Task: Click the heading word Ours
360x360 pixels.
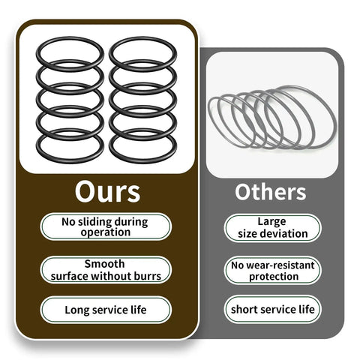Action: pyautogui.click(x=107, y=192)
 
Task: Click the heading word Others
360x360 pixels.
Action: pyautogui.click(x=271, y=192)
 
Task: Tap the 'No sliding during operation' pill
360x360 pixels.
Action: pyautogui.click(x=106, y=226)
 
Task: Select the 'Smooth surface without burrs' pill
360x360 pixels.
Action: pyautogui.click(x=106, y=270)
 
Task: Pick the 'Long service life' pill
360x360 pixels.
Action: pyautogui.click(x=106, y=310)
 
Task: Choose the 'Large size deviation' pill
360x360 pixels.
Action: pyautogui.click(x=272, y=228)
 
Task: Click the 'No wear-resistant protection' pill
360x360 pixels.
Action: pyautogui.click(x=272, y=271)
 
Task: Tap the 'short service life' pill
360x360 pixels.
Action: pyautogui.click(x=272, y=310)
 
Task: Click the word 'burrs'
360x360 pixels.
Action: pyautogui.click(x=148, y=276)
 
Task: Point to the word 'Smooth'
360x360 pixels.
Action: pyautogui.click(x=104, y=264)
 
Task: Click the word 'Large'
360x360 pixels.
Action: pyautogui.click(x=271, y=222)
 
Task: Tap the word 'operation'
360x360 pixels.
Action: pyautogui.click(x=106, y=232)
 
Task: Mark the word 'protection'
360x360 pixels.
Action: pyautogui.click(x=274, y=277)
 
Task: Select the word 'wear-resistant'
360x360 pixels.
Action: pyautogui.click(x=280, y=265)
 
